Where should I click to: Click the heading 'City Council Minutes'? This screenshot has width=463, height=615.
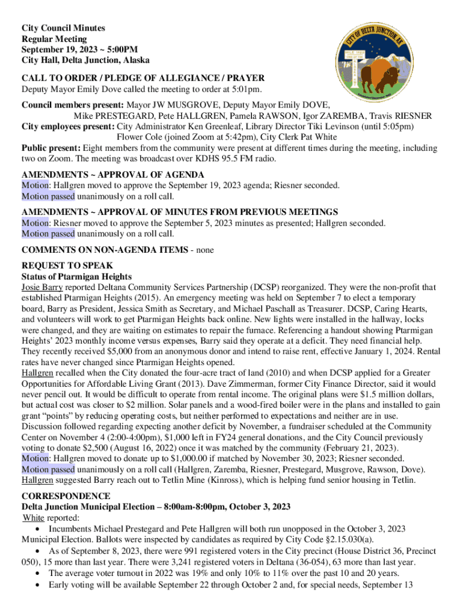(x=63, y=28)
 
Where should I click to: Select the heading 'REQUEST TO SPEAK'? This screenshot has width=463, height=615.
(x=67, y=265)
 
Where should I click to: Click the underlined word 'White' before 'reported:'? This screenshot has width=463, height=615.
(x=34, y=518)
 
